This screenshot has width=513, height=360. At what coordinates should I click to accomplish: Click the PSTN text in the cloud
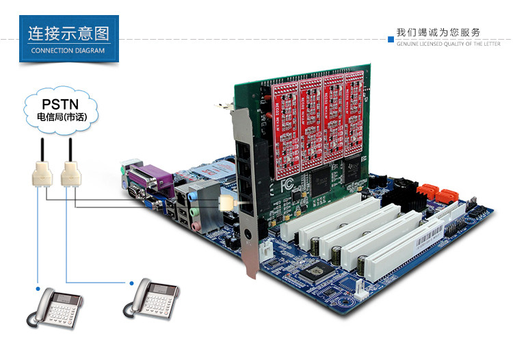point(60,104)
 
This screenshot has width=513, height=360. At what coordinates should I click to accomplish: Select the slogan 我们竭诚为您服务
point(438,32)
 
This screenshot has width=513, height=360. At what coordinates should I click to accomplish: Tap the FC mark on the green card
point(286,185)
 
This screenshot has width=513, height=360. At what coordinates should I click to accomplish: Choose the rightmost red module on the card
point(354,116)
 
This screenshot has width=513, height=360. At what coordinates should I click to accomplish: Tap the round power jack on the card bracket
point(248,242)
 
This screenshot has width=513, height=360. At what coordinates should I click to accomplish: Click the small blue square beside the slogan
point(391,32)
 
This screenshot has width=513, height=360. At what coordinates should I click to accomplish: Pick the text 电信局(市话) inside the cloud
point(60,118)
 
